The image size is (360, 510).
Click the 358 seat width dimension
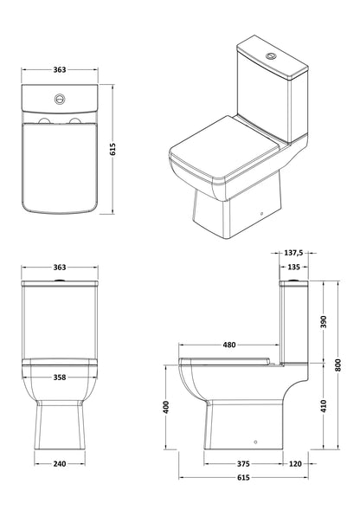(61, 378)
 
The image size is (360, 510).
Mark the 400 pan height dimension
(166, 407)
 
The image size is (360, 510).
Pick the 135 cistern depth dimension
(295, 267)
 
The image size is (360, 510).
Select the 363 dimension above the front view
(61, 270)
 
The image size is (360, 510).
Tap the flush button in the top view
(61, 98)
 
